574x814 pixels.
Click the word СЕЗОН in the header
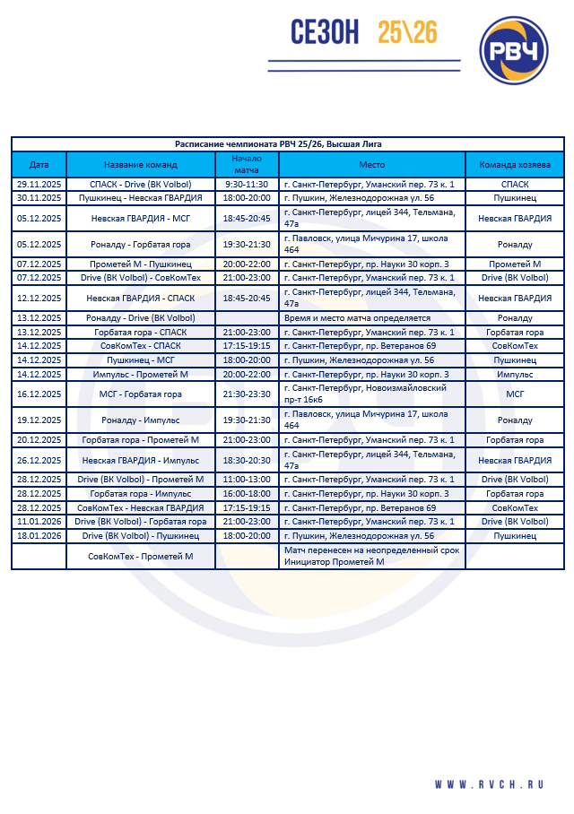coord(325,32)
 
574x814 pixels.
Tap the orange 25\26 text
coord(407,32)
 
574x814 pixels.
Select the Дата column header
coord(39,165)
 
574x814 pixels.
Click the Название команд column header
coord(141,165)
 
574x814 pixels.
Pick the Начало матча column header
coord(247,164)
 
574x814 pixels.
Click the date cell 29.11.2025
coord(39,184)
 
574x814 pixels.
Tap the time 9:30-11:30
coord(247,184)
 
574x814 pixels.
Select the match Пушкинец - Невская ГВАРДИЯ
coord(141,197)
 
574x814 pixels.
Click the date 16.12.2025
coord(39,394)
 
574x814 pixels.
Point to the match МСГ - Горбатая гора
coord(141,394)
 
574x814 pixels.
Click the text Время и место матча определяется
coord(357,318)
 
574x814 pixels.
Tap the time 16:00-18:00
coord(247,493)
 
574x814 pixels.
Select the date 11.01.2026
coord(39,521)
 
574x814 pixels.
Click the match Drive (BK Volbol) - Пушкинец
coord(141,535)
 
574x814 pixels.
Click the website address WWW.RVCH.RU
coord(490,784)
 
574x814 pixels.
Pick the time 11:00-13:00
coord(247,480)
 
